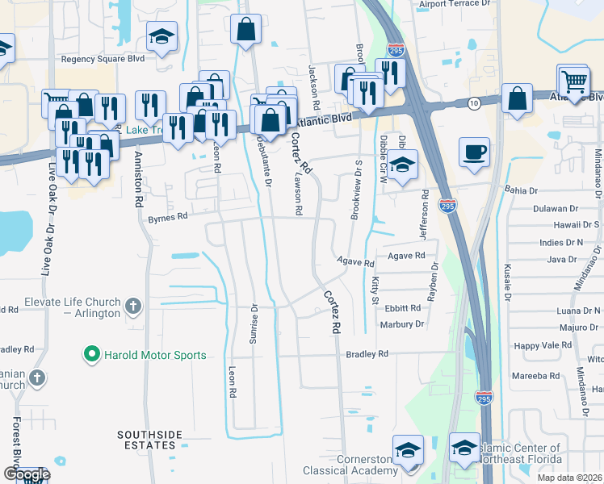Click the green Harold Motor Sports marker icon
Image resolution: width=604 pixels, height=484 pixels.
[92, 354]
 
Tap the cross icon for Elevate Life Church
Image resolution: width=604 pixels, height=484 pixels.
[134, 307]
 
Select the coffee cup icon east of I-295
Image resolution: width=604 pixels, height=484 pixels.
[474, 151]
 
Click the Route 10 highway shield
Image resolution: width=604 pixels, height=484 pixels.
[474, 102]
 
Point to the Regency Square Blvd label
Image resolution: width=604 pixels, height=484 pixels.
[102, 59]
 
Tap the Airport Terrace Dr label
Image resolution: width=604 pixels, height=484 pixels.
[455, 4]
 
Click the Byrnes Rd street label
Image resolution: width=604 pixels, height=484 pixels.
[167, 216]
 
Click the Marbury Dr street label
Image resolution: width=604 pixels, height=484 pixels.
[401, 324]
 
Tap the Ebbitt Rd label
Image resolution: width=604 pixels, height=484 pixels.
[403, 308]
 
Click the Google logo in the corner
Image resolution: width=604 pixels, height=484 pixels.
[27, 474]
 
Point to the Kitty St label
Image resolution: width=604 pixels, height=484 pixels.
[375, 290]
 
